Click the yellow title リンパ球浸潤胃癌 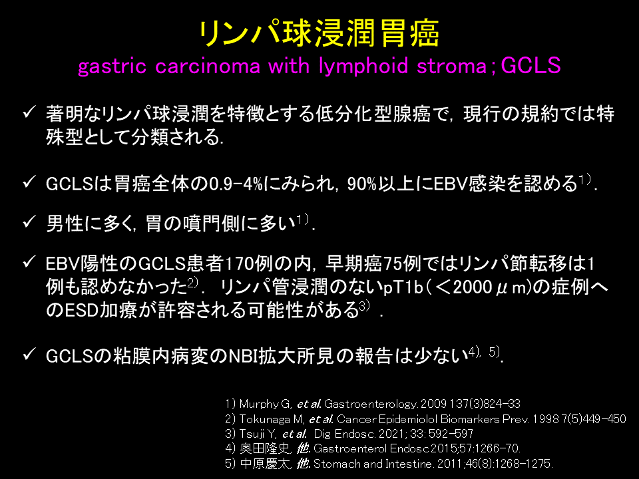(319, 33)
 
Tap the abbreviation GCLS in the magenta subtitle (531, 65)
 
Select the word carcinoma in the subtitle (208, 67)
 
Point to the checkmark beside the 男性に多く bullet (29, 222)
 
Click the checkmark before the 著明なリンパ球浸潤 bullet (29, 112)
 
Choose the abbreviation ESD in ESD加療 (82, 311)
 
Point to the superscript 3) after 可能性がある (364, 306)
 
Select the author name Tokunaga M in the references (271, 419)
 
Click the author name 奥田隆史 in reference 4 (265, 448)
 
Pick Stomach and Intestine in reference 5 (373, 464)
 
